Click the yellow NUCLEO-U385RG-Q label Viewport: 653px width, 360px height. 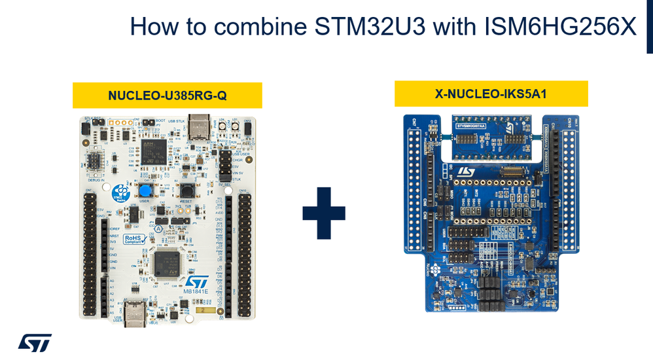pos(167,96)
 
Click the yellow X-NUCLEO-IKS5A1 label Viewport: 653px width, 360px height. pos(491,94)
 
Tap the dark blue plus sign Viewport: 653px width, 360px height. pos(324,213)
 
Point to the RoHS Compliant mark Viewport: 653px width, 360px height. pos(135,240)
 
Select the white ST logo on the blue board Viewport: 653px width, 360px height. pos(467,171)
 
